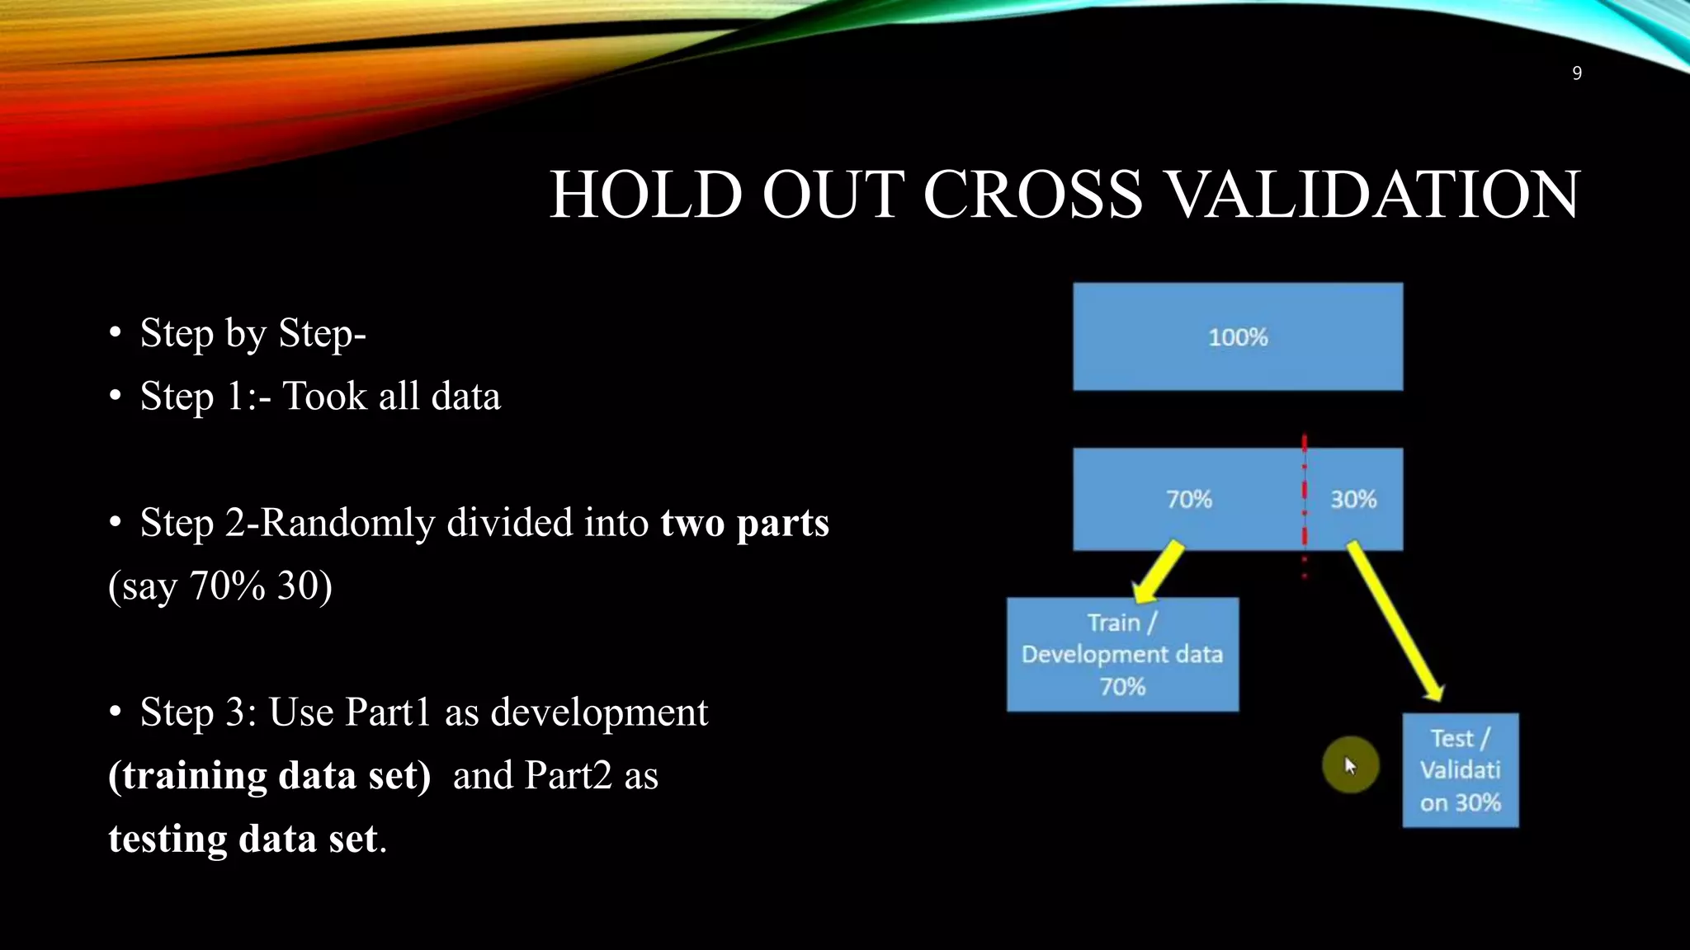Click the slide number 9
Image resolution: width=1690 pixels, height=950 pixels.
(x=1576, y=73)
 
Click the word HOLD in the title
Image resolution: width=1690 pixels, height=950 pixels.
(x=645, y=195)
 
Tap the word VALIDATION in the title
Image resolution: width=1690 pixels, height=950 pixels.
(x=1375, y=195)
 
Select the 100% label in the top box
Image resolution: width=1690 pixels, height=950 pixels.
(x=1238, y=336)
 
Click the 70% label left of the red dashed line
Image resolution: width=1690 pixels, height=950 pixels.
(x=1188, y=499)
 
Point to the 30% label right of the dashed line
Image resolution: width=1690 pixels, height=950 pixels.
(x=1353, y=499)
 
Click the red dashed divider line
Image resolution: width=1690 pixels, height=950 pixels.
(x=1305, y=503)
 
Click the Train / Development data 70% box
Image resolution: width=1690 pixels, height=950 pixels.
(x=1122, y=654)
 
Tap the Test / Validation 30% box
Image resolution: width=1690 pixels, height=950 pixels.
(x=1461, y=770)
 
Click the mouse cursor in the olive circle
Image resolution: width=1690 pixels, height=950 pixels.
(x=1350, y=765)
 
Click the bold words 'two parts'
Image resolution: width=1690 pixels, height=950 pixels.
(x=744, y=523)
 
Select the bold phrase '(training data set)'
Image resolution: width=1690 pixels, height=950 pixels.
(x=270, y=776)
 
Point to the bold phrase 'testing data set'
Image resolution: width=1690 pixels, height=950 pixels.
(x=243, y=839)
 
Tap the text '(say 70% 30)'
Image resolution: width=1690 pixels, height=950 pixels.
(x=220, y=586)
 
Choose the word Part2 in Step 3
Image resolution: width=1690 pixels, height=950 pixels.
(x=569, y=776)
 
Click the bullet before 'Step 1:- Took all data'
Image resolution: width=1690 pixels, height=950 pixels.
(x=116, y=397)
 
